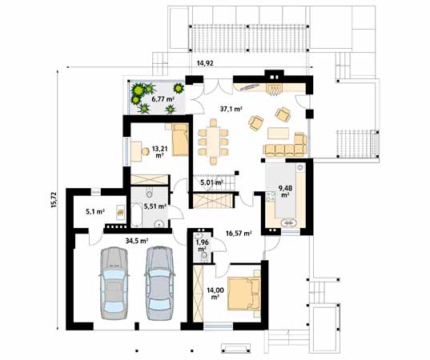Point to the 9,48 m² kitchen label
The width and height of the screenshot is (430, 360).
tap(284, 193)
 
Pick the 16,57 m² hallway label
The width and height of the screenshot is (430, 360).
tap(239, 234)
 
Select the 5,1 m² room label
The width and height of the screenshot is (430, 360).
tap(94, 212)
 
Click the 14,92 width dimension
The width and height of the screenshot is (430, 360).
tap(205, 62)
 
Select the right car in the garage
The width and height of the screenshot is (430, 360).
tap(159, 281)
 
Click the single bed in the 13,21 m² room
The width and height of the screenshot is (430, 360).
tap(179, 139)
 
